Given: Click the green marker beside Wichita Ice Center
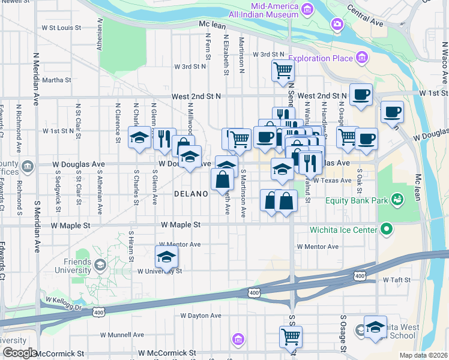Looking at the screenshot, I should point(387,229).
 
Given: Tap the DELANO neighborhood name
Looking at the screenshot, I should point(191,194).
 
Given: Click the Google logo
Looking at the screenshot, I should point(19,353).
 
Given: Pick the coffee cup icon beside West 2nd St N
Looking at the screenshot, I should point(361,94).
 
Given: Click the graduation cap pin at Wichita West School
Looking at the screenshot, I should point(375,326).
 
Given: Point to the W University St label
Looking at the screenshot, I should point(160,271).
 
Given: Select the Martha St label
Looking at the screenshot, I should point(56,80).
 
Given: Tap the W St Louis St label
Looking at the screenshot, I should point(61,28).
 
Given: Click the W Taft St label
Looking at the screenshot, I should point(396,280).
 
